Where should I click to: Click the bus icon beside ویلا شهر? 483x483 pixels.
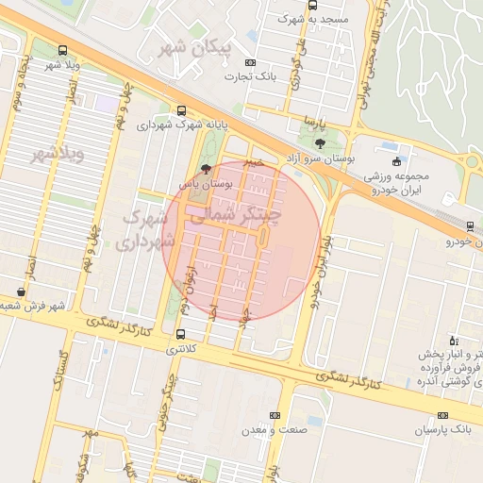point(62,51)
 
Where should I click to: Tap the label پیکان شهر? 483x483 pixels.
point(196,48)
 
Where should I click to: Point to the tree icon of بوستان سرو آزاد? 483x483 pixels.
point(320,144)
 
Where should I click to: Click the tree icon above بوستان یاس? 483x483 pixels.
point(207,171)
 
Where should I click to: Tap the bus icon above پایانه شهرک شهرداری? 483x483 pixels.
point(181,110)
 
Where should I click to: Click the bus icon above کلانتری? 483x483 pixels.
point(181,334)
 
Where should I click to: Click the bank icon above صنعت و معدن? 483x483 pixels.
point(275,415)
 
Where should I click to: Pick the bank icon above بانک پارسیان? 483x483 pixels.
point(443,415)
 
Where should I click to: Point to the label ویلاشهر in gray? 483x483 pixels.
point(58,154)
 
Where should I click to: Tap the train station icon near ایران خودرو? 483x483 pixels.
point(469,225)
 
